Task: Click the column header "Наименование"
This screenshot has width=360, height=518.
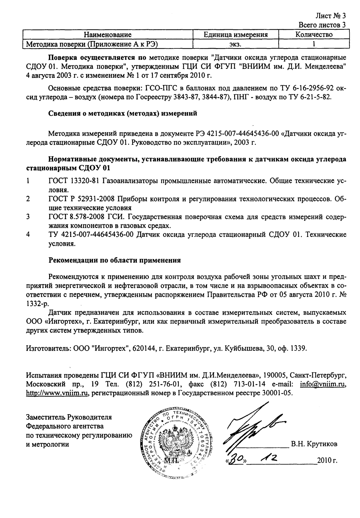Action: [x=108, y=35]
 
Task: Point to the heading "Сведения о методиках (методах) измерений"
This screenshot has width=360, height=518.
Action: [x=123, y=114]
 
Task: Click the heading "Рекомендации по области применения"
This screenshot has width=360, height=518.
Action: [x=114, y=260]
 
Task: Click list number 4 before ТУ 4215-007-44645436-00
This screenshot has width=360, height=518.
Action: [x=28, y=235]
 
